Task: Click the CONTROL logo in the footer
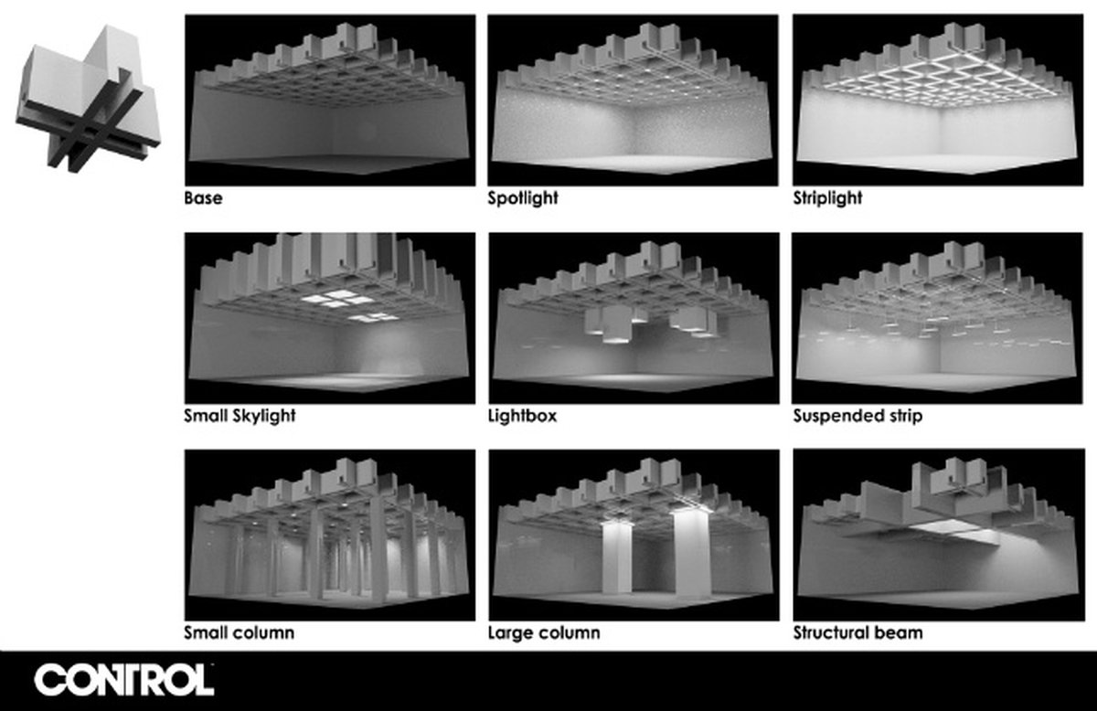pos(124,680)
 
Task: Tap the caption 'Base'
pos(203,197)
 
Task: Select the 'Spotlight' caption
pos(523,197)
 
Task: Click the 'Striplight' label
pos(827,197)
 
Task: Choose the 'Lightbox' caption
pos(523,416)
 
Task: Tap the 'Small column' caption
pos(239,632)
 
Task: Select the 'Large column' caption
pos(544,632)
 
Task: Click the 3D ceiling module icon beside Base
pos(88,99)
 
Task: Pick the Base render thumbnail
pos(330,100)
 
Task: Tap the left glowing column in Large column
pos(616,557)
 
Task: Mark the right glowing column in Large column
pos(692,553)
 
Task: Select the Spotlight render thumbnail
pos(633,100)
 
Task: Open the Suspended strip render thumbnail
pos(937,318)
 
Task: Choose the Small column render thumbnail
pos(330,535)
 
